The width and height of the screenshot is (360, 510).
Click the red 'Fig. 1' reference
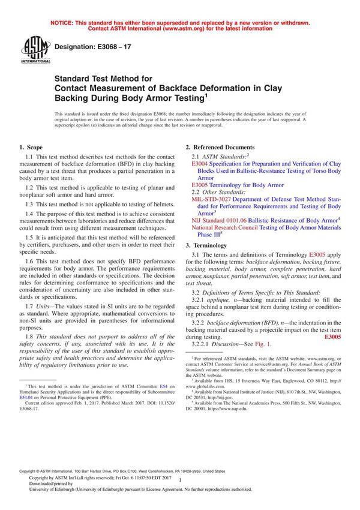coord(263,344)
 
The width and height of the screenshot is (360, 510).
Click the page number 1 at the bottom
coord(179,491)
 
